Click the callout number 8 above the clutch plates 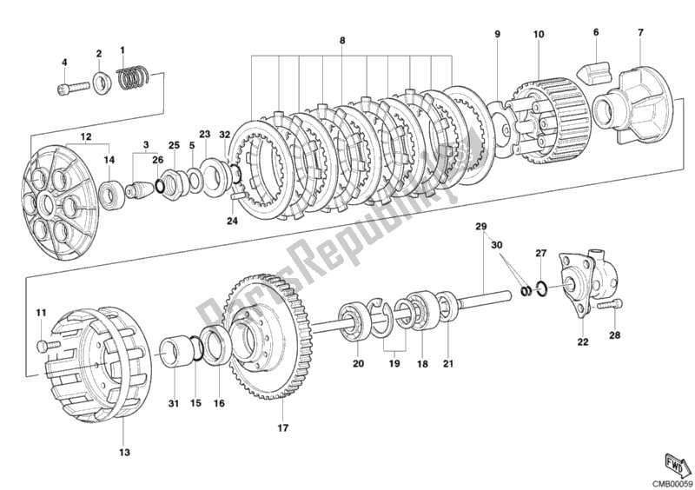click(x=342, y=41)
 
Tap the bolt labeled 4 click(x=70, y=87)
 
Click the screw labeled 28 click(x=619, y=304)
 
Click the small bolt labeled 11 click(x=43, y=346)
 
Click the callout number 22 click(x=583, y=342)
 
